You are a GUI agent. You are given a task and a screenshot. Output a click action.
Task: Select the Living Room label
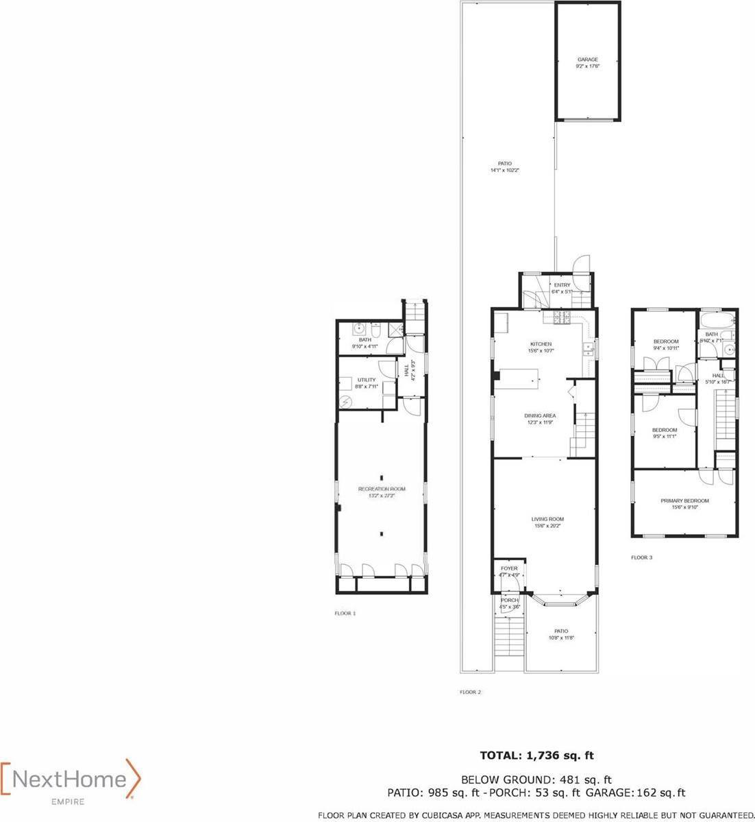[x=547, y=522]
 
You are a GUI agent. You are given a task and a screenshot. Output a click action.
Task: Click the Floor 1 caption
[x=345, y=613]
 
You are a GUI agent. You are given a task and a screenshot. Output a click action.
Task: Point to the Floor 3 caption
[x=641, y=557]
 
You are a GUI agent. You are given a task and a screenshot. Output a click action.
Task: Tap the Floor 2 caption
[x=470, y=692]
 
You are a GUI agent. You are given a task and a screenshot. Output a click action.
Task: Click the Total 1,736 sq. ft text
[x=536, y=755]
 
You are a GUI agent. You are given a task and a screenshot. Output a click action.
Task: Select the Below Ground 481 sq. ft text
[x=536, y=779]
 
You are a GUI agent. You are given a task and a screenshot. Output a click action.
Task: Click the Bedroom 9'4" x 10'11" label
[x=665, y=344]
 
